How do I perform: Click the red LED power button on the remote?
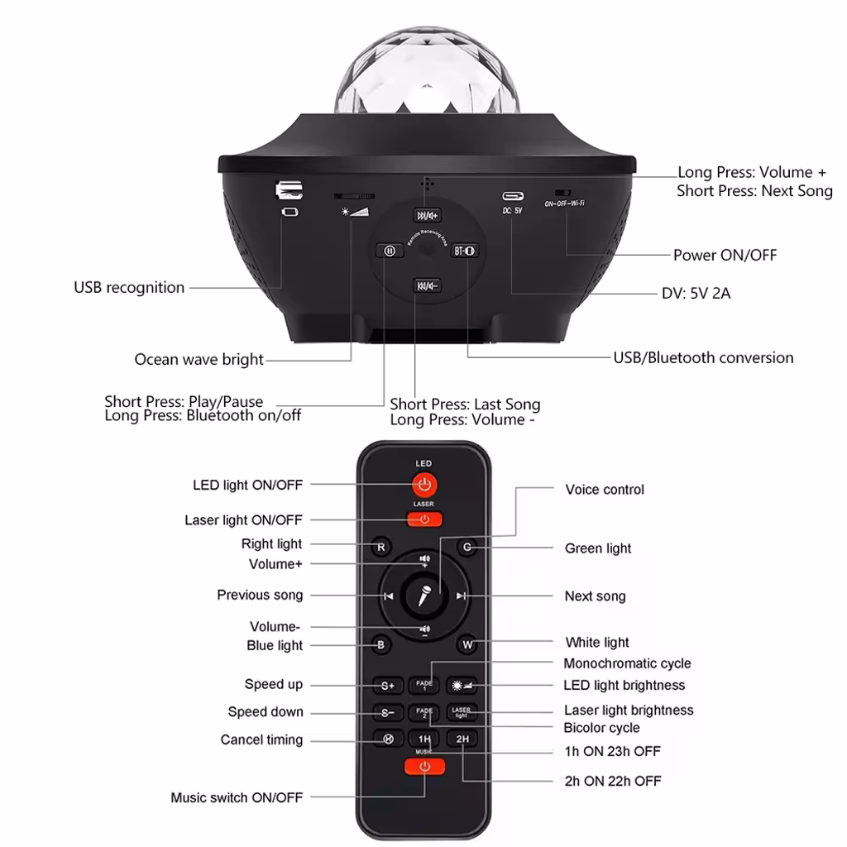coord(424,485)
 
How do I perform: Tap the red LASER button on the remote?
coord(424,519)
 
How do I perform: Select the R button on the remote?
coord(380,547)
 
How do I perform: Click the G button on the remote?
coord(467,547)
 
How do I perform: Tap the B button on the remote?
coord(380,645)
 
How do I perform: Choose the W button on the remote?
coord(467,644)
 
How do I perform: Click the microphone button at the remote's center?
coord(424,596)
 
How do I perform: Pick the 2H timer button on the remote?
coord(462,739)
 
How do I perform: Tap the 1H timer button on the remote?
coord(424,739)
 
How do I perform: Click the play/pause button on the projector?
coord(389,251)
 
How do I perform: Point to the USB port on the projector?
coord(288,190)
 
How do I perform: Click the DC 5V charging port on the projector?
coord(513,197)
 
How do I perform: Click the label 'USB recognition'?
coord(129,288)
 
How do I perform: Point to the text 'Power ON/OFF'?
coord(725,255)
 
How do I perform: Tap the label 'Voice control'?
coord(605,490)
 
